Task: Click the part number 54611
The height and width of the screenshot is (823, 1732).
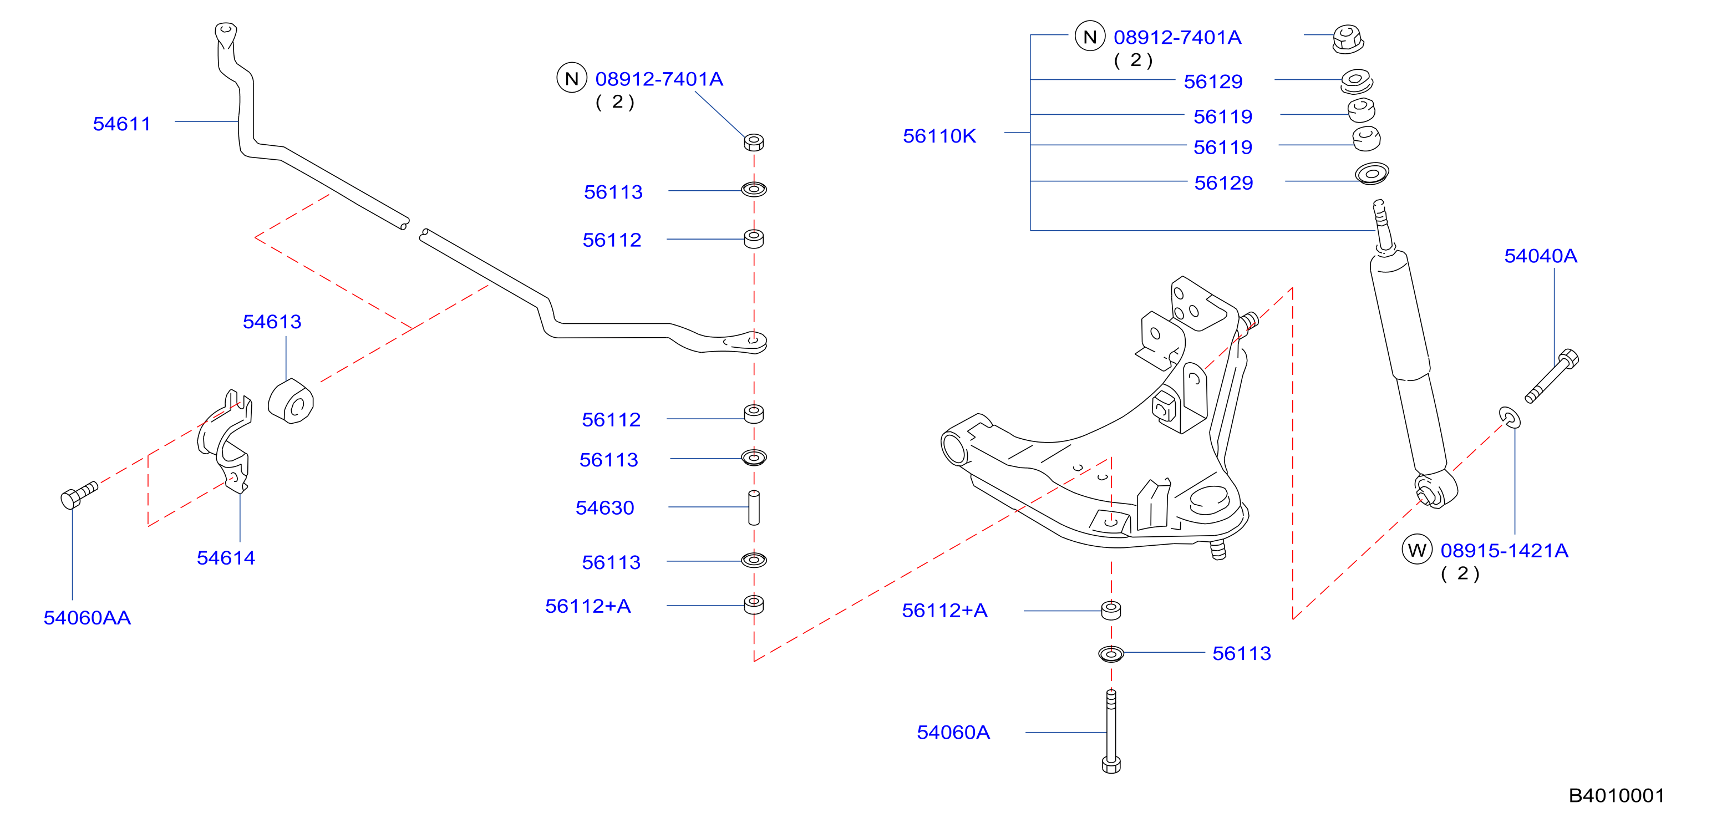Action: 121,124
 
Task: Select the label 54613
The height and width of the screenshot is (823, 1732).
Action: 272,322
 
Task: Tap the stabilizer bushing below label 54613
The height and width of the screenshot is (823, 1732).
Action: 291,402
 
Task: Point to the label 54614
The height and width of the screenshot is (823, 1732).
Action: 226,557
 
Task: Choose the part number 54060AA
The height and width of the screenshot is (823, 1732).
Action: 88,617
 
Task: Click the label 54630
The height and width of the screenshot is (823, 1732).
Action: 605,507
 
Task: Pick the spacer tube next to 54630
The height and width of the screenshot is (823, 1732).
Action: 754,507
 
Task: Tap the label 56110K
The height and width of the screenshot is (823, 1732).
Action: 939,136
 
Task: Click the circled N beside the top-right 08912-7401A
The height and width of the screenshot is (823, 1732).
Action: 1090,36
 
